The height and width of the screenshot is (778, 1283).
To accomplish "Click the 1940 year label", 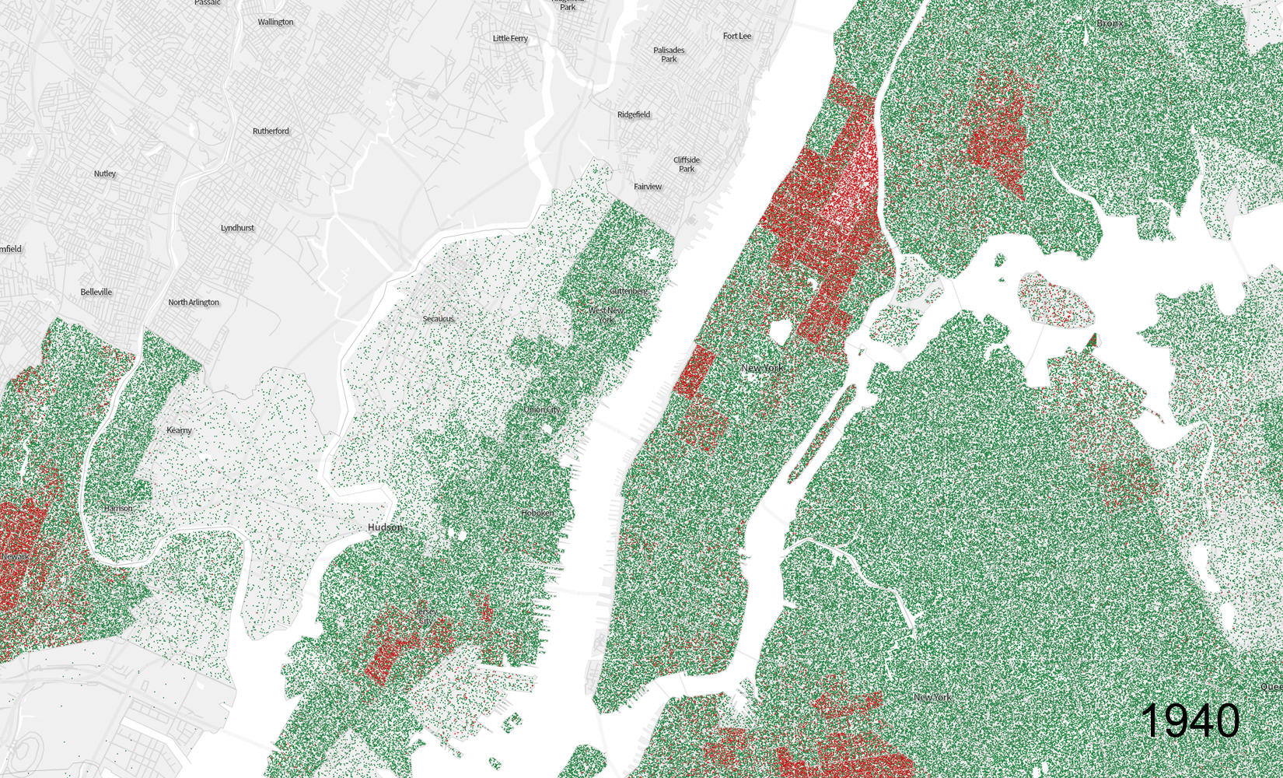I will (1190, 720).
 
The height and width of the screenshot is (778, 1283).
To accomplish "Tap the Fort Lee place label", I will (736, 36).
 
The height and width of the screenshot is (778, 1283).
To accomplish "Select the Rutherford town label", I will (271, 131).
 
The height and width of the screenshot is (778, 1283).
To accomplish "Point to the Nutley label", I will (105, 173).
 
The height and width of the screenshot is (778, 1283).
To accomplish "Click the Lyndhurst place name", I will (237, 228).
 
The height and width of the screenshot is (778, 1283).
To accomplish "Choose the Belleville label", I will (96, 292).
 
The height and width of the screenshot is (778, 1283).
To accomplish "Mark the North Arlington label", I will (194, 302).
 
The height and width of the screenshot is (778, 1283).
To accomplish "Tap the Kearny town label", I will (179, 430).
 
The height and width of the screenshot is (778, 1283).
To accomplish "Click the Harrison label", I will (118, 508).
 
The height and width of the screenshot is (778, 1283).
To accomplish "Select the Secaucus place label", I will (438, 319).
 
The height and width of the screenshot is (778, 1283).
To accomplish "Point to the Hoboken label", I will (537, 513).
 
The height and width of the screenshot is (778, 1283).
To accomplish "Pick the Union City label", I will (541, 409).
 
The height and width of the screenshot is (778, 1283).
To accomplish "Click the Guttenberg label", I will (628, 291).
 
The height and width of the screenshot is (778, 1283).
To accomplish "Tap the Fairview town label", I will (648, 187).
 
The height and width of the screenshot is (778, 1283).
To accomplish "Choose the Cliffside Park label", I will (687, 164).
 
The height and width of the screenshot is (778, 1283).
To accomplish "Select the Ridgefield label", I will (634, 114).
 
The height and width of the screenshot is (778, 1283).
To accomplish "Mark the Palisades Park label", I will (669, 54).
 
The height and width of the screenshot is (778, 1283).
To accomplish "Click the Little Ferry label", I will (510, 38).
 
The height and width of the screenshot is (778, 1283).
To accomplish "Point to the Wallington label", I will (275, 22).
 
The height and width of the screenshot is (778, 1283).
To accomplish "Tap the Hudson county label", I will (385, 527).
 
